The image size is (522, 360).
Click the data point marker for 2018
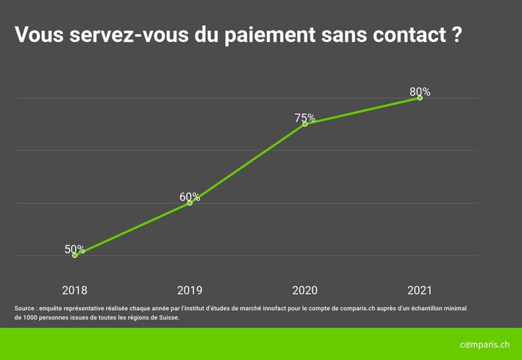pyautogui.click(x=75, y=255)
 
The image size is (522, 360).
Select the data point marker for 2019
pyautogui.click(x=190, y=203)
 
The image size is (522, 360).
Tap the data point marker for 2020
pyautogui.click(x=305, y=123)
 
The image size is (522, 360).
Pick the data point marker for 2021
pyautogui.click(x=420, y=98)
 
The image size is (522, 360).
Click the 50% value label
pyautogui.click(x=75, y=249)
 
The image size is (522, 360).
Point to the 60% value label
pyautogui.click(x=190, y=197)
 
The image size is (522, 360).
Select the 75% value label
pyautogui.click(x=305, y=118)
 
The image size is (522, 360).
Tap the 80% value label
pyautogui.click(x=420, y=92)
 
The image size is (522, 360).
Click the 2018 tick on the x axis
pyautogui.click(x=75, y=290)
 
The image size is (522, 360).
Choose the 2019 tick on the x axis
pyautogui.click(x=190, y=290)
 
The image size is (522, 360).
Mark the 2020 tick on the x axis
pyautogui.click(x=305, y=290)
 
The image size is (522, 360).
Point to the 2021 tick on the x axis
pyautogui.click(x=420, y=290)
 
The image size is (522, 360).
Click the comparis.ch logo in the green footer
pyautogui.click(x=484, y=344)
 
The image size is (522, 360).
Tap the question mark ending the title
pyautogui.click(x=456, y=35)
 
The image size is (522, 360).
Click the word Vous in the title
pyautogui.click(x=38, y=35)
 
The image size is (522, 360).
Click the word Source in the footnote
pyautogui.click(x=26, y=309)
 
